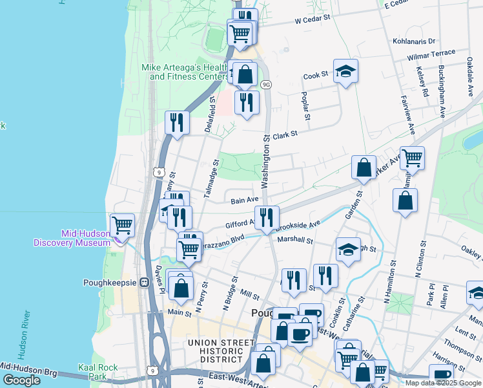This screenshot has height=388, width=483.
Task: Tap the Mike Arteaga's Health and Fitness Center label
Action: (185, 72)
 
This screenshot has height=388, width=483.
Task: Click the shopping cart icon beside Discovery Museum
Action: (122, 226)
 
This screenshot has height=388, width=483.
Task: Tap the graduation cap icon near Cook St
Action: (345, 72)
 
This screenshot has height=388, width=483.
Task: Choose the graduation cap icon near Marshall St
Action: (348, 250)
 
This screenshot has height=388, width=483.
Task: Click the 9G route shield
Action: (265, 85)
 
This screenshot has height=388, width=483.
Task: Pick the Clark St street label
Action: (283, 135)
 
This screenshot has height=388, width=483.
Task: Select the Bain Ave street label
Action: (245, 200)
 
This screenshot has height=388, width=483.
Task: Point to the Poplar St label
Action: (303, 105)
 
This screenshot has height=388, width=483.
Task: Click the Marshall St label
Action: (294, 240)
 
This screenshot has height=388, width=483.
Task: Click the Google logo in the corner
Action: (21, 380)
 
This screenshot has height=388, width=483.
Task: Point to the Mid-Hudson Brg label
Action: (29, 370)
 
